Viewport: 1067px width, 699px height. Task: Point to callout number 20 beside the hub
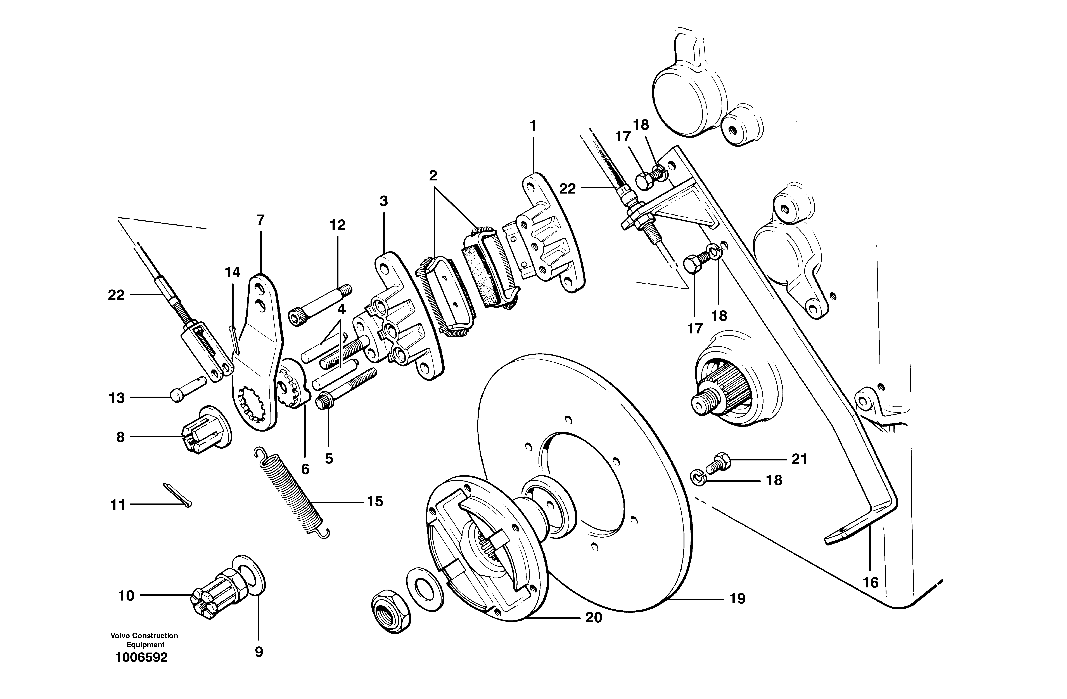tap(594, 618)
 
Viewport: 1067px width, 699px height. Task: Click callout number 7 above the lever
tap(260, 220)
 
